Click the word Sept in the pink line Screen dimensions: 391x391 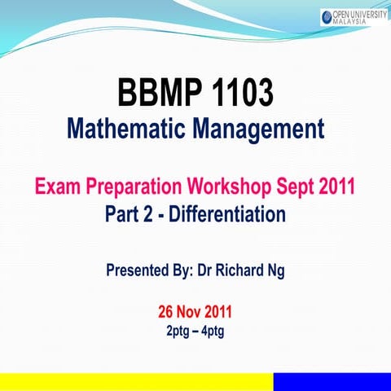[x=303, y=187]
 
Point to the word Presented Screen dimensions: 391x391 [x=143, y=270]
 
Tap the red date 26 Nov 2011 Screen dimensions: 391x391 [x=195, y=312]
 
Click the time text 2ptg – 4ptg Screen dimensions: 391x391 [x=195, y=331]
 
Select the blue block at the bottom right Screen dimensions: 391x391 [x=332, y=382]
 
